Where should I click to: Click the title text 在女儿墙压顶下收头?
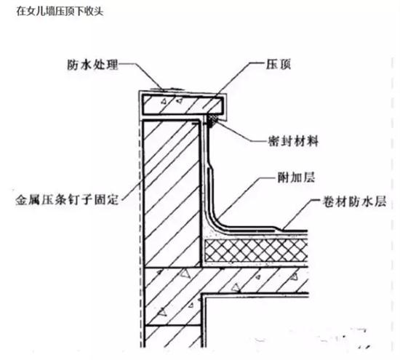point(60,11)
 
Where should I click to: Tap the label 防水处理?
point(93,65)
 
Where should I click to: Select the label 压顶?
point(279,64)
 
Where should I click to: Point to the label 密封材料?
point(293,141)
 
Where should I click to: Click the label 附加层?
point(296,177)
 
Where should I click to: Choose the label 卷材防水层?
point(354,201)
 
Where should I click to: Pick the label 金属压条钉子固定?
point(67,200)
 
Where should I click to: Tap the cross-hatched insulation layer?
point(256,251)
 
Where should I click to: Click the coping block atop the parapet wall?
point(183,105)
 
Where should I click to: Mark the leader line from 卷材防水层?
point(302,214)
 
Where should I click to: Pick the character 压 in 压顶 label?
point(272,64)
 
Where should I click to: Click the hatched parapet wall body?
point(171,193)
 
